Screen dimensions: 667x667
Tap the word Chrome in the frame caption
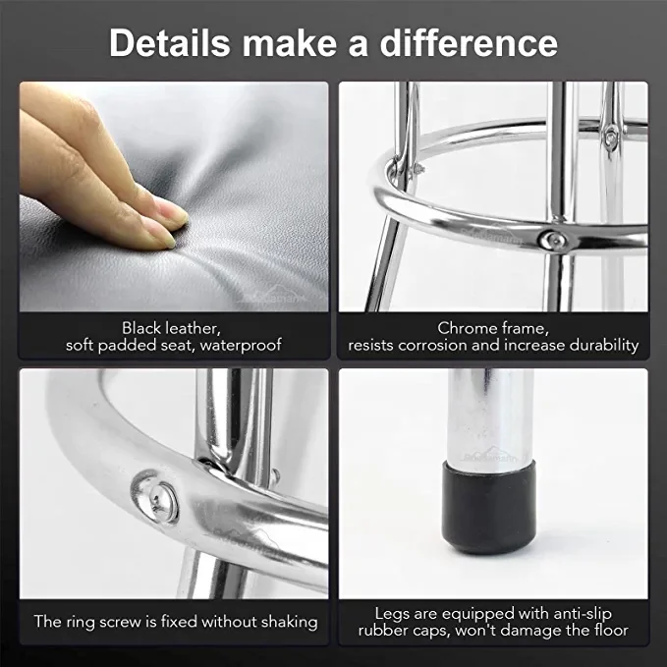pos(465,327)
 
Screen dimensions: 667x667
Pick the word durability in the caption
pos(601,345)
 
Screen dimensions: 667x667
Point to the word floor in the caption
pos(607,630)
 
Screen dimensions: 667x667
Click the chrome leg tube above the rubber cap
pos(488,413)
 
